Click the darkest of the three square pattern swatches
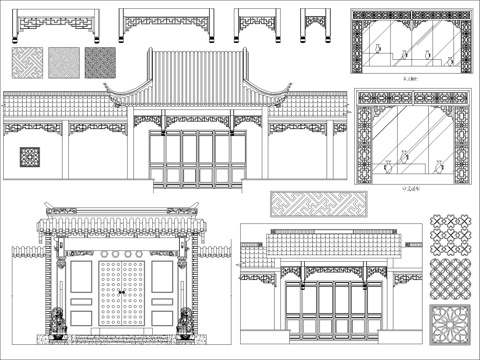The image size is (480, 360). (100, 63)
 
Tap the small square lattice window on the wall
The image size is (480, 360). (29, 157)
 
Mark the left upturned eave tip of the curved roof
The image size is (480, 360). (108, 95)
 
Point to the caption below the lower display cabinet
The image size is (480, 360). (407, 187)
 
